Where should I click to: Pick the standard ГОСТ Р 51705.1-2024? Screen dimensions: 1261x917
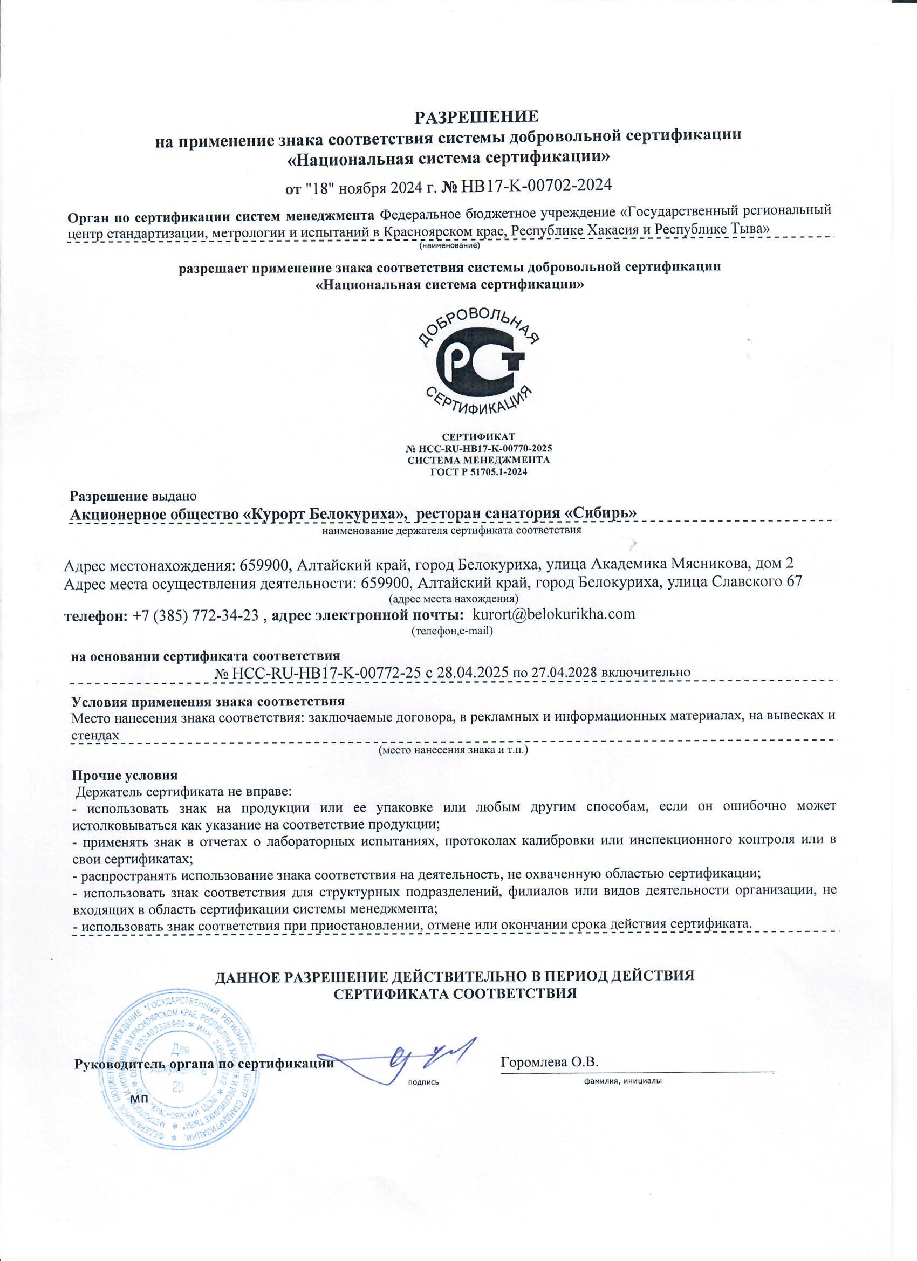478,472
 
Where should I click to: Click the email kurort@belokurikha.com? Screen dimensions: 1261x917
553,615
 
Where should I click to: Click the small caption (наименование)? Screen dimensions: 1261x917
449,244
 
